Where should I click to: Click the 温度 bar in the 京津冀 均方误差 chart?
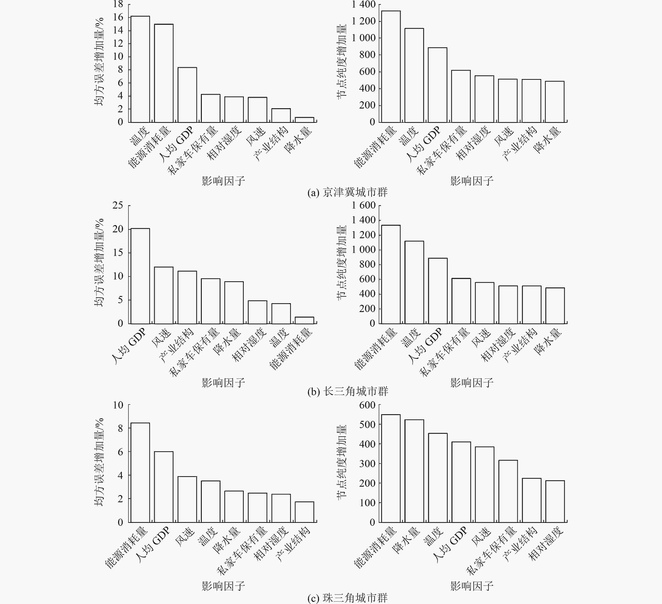(140, 69)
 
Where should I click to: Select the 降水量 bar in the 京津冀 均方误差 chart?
(304, 120)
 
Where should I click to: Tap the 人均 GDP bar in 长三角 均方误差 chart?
(140, 276)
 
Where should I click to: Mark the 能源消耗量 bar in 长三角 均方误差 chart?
(304, 320)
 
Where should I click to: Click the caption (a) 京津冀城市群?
(347, 192)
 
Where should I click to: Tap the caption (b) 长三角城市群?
(347, 391)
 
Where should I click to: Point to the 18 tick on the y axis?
(118, 4)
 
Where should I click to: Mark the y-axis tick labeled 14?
(118, 30)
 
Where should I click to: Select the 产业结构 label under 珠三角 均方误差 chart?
(293, 544)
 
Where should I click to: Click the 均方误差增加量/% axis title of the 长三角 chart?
(99, 263)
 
